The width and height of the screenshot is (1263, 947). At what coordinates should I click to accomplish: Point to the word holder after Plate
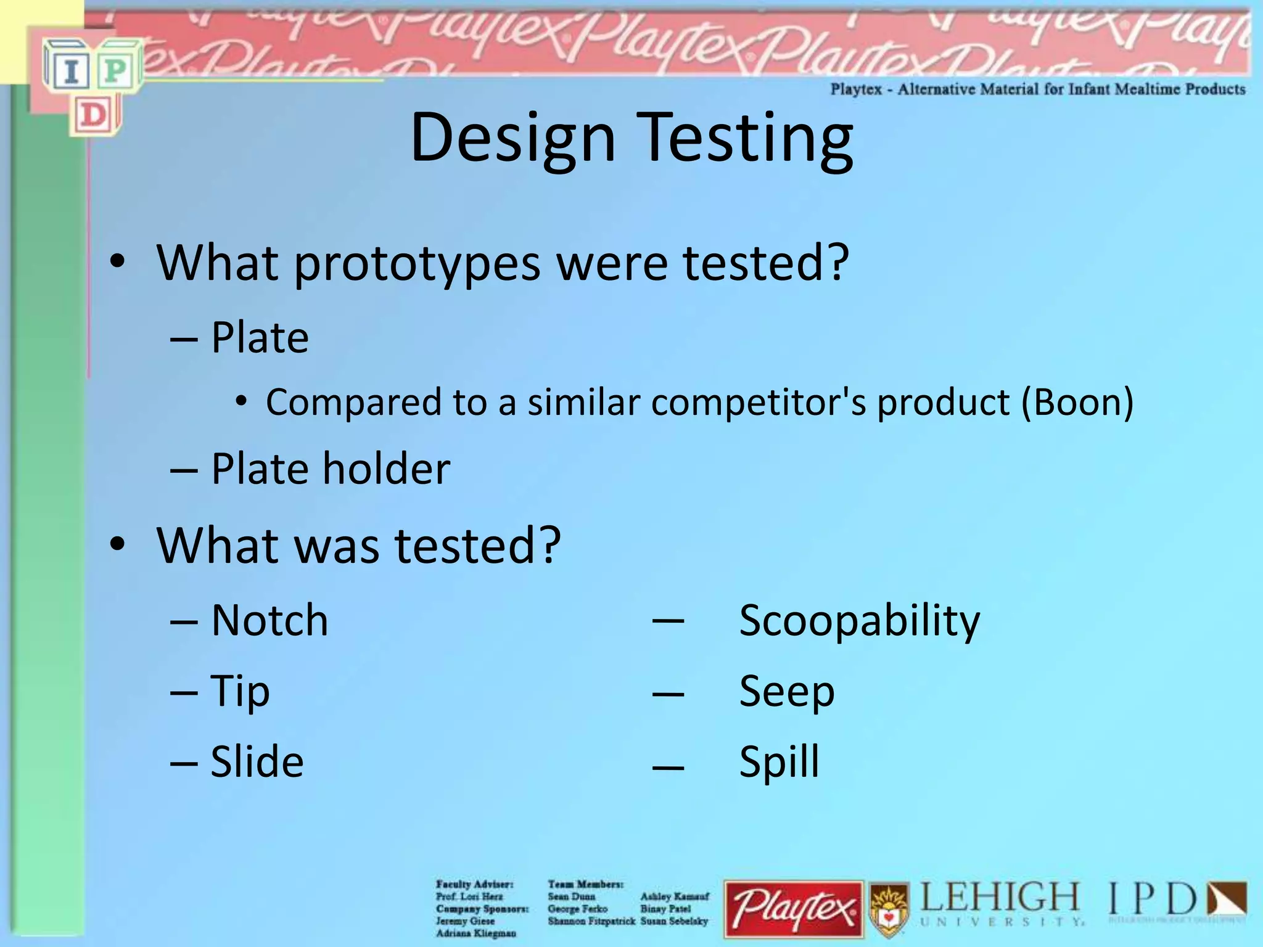point(387,469)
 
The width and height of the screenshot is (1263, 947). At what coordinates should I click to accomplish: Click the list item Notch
point(269,620)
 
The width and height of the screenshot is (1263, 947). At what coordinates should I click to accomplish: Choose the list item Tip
point(240,691)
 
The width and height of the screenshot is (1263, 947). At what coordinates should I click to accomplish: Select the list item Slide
point(257,762)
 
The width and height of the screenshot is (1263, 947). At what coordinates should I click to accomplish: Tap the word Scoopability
point(859,620)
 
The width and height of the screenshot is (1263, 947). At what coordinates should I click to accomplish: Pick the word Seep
point(787,691)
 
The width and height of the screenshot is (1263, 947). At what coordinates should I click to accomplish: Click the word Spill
point(780,762)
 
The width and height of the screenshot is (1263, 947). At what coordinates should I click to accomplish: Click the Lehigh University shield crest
point(889,909)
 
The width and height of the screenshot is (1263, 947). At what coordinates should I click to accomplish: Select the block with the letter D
point(93,115)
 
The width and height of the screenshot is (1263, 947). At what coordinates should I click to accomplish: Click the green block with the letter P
point(115,72)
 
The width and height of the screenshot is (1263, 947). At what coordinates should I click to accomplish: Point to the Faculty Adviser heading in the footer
point(474,884)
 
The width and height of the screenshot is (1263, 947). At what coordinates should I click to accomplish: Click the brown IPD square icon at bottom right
point(1227,900)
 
